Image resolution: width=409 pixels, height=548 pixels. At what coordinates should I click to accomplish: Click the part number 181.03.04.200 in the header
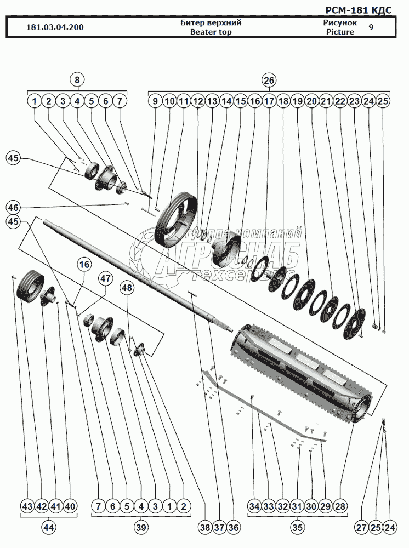click(55, 27)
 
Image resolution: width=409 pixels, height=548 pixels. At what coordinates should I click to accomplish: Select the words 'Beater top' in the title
click(211, 32)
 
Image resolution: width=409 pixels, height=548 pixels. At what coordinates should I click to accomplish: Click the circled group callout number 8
click(77, 80)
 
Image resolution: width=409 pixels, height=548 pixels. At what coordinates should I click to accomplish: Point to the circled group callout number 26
click(269, 80)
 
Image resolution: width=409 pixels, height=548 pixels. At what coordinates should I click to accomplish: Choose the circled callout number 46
click(14, 208)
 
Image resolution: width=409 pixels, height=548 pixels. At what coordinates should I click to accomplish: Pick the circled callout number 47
click(105, 278)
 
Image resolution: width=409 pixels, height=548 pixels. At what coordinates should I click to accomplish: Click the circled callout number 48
click(127, 288)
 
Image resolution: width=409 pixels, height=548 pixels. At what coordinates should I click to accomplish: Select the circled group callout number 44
click(49, 528)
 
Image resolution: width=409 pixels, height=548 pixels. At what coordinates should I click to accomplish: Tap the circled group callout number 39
click(141, 528)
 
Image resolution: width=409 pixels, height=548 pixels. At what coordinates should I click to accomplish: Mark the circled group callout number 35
click(297, 528)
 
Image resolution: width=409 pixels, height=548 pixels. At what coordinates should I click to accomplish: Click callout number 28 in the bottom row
click(340, 506)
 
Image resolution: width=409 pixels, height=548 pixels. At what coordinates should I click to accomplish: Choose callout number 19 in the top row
click(298, 101)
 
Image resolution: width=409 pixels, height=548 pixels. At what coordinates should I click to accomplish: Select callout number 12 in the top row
click(198, 101)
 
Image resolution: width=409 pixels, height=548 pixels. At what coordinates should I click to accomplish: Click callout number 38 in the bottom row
click(205, 528)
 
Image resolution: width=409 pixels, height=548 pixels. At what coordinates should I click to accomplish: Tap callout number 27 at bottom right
click(361, 528)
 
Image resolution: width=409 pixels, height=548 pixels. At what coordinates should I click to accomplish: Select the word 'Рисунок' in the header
click(340, 23)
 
